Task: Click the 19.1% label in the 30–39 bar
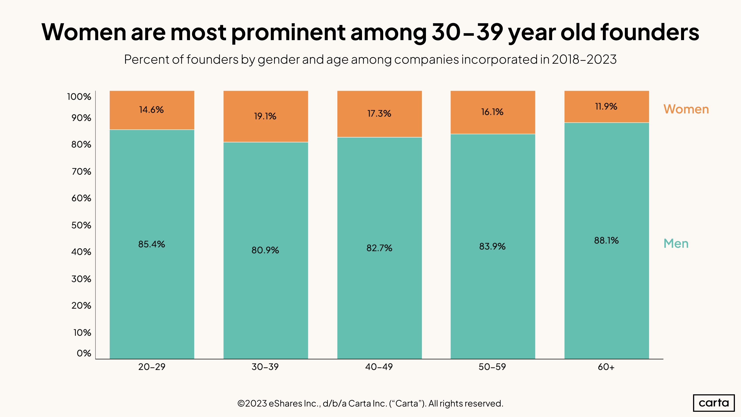tap(265, 116)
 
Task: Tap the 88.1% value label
tap(606, 241)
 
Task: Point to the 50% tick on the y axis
tap(82, 225)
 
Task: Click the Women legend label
tap(686, 109)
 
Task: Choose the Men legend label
tap(676, 244)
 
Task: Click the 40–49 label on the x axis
tap(379, 367)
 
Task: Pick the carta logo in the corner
tap(714, 403)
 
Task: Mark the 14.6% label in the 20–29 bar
tap(151, 110)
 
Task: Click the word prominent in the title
tap(288, 32)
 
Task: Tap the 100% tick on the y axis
tap(79, 97)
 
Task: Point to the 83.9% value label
tap(492, 247)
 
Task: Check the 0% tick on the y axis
tap(84, 353)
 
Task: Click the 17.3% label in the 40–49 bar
tap(379, 114)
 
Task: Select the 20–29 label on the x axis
tap(152, 367)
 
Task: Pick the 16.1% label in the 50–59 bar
tap(492, 112)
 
